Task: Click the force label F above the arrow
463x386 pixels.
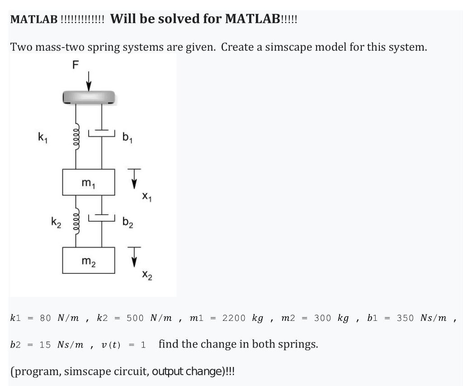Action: point(75,65)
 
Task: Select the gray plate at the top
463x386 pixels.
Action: point(89,97)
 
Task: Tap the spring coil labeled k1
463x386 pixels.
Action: point(76,134)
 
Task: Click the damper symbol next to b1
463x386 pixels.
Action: point(102,133)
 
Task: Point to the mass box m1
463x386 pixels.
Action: point(89,182)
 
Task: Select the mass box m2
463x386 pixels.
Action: point(89,260)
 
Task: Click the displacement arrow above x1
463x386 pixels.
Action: point(134,178)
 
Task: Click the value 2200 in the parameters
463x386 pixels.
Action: point(234,318)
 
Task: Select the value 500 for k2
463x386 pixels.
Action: point(135,318)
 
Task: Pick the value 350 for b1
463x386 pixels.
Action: point(405,318)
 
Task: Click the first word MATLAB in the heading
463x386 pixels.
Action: point(34,19)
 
